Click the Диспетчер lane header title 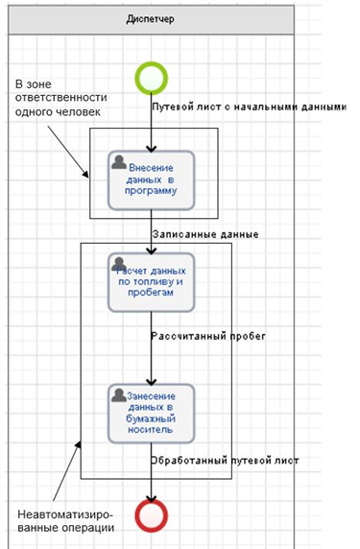[150, 19]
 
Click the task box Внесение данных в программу [152, 180]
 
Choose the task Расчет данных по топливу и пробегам [152, 282]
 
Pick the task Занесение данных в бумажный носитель [152, 414]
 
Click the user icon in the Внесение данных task [119, 162]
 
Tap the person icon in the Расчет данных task [119, 264]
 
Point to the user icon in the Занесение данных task [119, 395]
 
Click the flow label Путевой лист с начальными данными [249, 107]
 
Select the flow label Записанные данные [205, 234]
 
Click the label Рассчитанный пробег [208, 336]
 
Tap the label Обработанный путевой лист [225, 460]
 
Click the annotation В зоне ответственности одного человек [60, 98]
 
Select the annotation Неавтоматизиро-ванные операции [66, 521]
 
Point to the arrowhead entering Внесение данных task [152, 149]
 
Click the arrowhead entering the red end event [152, 498]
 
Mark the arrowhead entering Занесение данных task [152, 381]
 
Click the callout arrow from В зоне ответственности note [68, 152]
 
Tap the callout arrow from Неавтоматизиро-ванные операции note [67, 471]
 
